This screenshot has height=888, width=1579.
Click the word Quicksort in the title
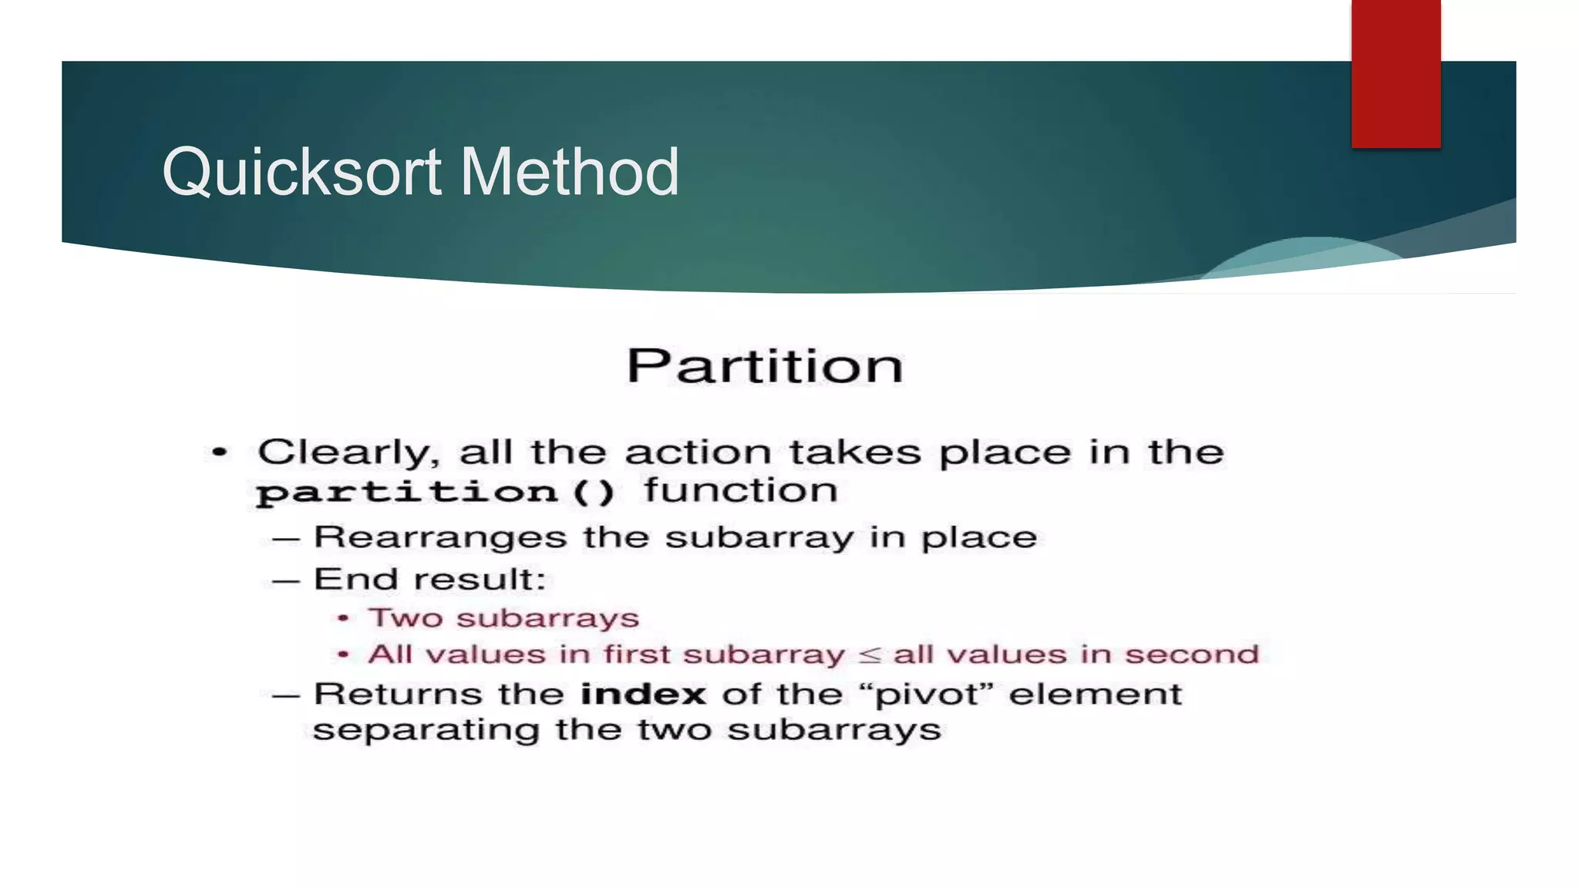(301, 173)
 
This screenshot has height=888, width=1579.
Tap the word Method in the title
(570, 173)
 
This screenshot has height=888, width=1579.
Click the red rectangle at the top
(1396, 73)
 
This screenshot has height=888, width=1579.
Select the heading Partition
(764, 366)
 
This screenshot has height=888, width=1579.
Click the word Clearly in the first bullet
(348, 452)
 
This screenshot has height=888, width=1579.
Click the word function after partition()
(741, 490)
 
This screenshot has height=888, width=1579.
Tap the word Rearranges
(440, 537)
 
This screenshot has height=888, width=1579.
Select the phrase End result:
(429, 580)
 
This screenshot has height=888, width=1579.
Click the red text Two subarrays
(503, 618)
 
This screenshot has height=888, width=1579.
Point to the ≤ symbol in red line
(869, 655)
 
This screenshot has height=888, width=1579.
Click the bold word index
(643, 695)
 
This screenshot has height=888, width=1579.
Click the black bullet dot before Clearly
(220, 452)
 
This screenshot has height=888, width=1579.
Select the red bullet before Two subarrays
(344, 619)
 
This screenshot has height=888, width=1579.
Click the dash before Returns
(286, 695)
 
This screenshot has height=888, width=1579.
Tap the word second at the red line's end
(1191, 654)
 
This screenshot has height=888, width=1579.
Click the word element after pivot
(1095, 695)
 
